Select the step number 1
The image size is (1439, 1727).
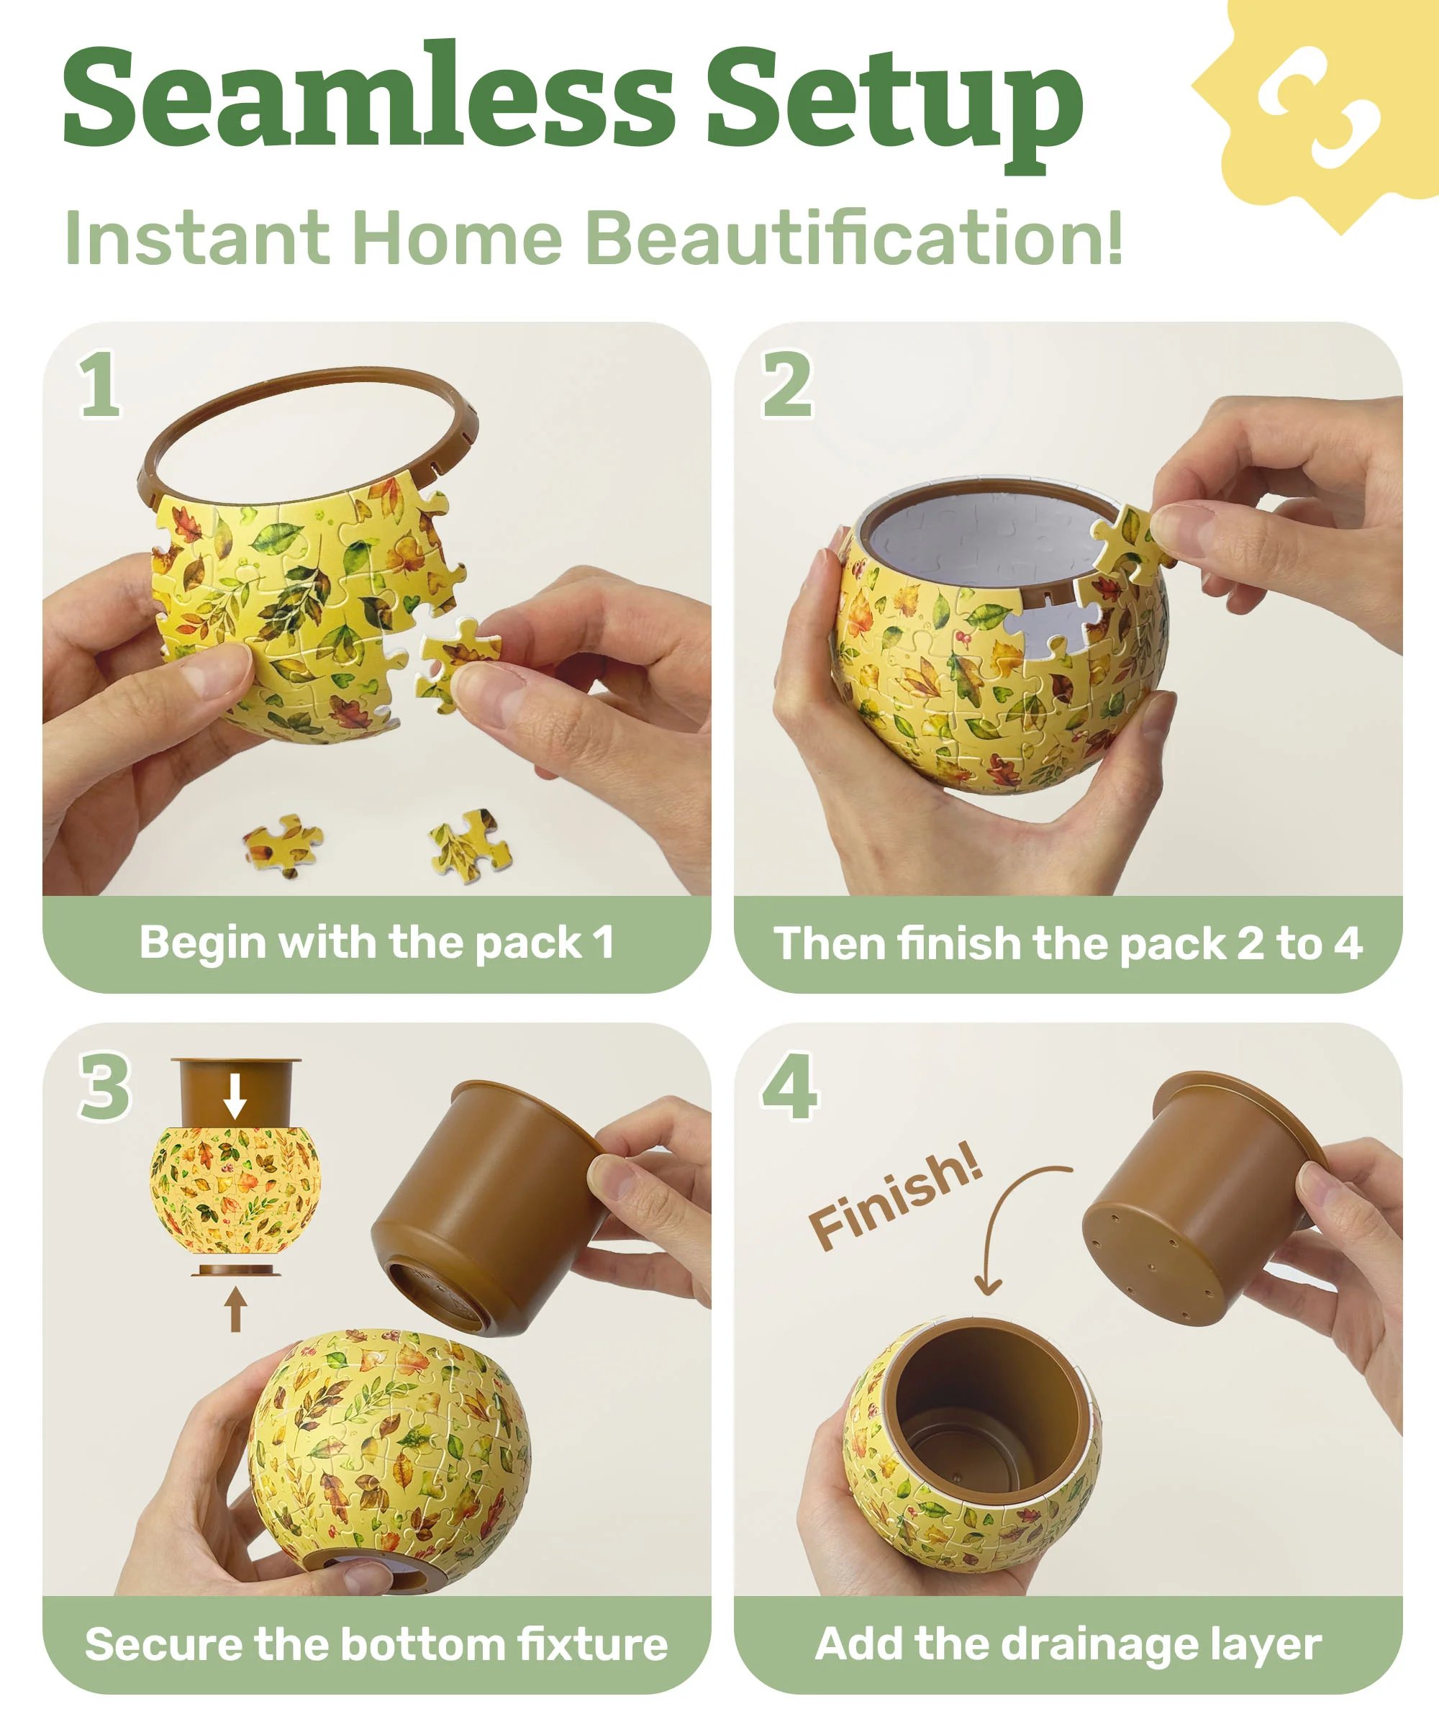[x=100, y=385]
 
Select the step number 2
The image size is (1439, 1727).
[x=787, y=385]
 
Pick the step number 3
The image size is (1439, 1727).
[x=105, y=1087]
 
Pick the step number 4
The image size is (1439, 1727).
[x=789, y=1087]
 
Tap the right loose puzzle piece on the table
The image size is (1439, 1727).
[x=471, y=846]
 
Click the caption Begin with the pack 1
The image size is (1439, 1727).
[x=376, y=943]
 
